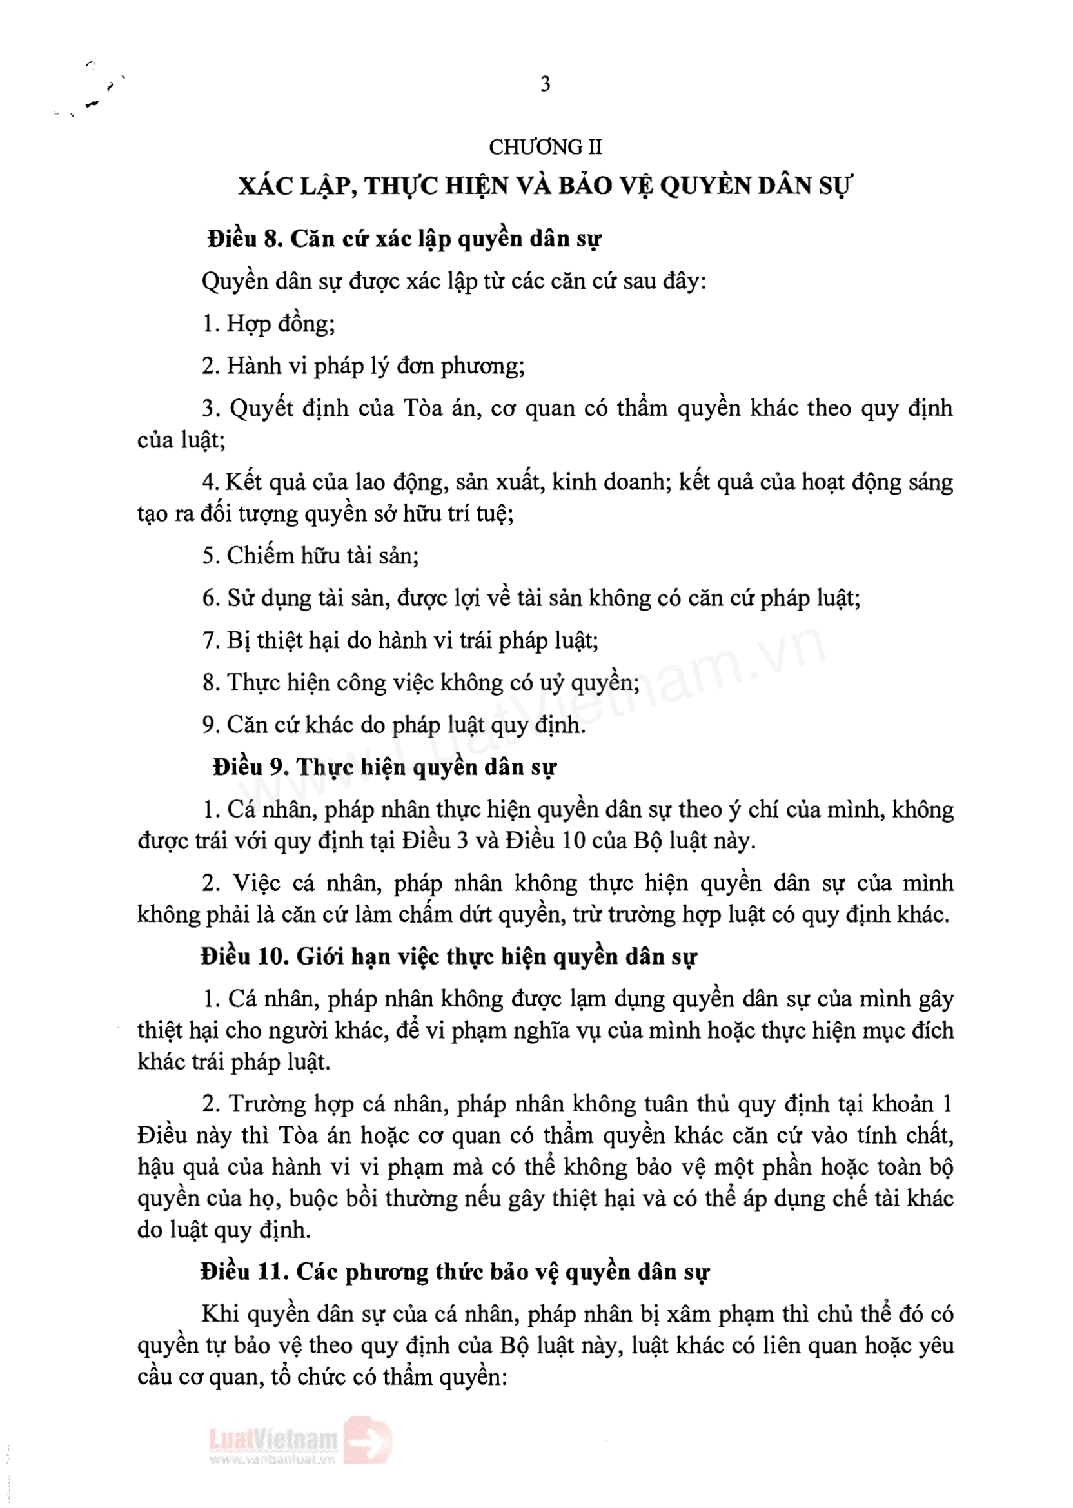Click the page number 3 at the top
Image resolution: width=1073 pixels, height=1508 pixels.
tap(545, 84)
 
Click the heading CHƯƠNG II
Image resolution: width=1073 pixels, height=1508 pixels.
tap(545, 146)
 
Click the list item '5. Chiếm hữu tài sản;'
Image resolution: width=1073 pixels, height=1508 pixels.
tap(311, 556)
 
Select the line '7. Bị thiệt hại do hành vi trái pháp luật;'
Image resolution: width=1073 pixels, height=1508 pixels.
tap(400, 640)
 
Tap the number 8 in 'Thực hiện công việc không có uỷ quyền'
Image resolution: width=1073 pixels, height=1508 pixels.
tap(211, 682)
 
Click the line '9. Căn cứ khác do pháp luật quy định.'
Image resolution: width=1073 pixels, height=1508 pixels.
tap(394, 725)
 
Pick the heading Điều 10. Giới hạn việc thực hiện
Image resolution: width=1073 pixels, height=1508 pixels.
tap(449, 957)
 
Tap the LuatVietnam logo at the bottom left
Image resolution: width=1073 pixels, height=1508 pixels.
tap(273, 1438)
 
